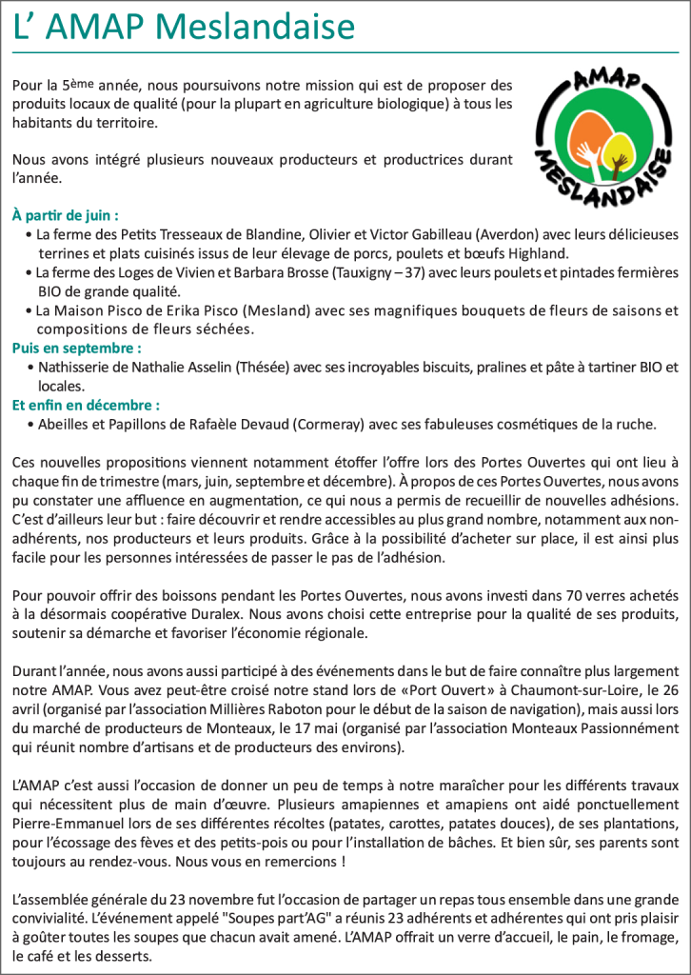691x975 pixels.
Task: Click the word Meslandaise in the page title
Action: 254,26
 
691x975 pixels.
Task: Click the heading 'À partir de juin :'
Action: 66,215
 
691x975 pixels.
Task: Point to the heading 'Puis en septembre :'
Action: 77,348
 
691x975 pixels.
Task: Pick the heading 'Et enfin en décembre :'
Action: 87,405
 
